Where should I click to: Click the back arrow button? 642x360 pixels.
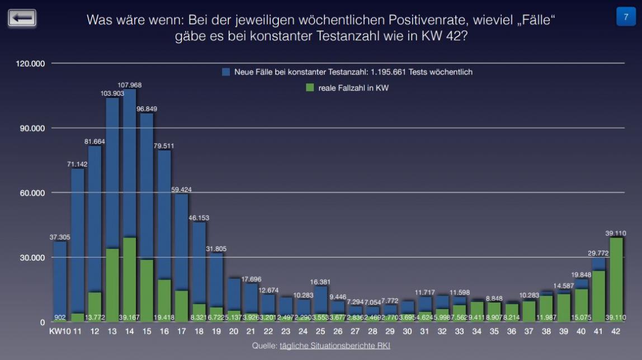coord(22,18)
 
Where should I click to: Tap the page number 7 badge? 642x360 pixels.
coord(625,17)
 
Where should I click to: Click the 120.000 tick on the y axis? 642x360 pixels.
coord(30,64)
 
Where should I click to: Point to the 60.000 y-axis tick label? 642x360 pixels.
coord(30,193)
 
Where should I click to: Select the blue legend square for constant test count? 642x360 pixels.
coord(226,72)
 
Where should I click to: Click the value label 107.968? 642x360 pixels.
coord(130,85)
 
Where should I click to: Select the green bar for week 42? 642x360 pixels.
coord(616,280)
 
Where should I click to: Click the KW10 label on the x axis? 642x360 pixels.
coord(59,332)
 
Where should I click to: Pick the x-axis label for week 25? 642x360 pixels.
coord(321,332)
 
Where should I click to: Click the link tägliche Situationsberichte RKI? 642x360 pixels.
coord(334,346)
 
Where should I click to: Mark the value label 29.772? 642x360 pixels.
coord(598,254)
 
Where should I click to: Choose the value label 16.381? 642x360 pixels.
coord(321,282)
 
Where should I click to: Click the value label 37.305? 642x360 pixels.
coord(60,238)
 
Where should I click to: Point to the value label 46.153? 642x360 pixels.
coord(199,217)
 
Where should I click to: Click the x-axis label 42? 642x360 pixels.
coord(616,332)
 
